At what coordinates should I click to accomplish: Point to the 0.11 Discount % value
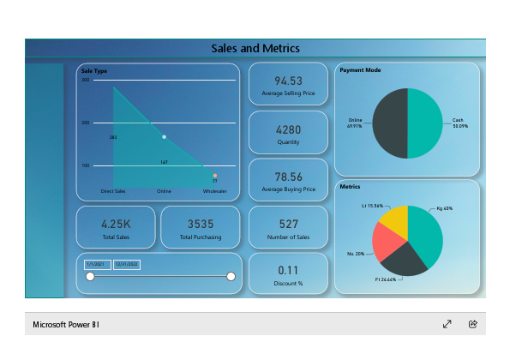(288, 269)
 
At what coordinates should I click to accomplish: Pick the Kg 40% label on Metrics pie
(444, 208)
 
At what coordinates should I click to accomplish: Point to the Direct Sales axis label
(113, 191)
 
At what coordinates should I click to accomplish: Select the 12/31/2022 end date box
(127, 265)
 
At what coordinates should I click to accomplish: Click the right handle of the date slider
(231, 276)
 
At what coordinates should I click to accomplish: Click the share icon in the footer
(472, 324)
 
